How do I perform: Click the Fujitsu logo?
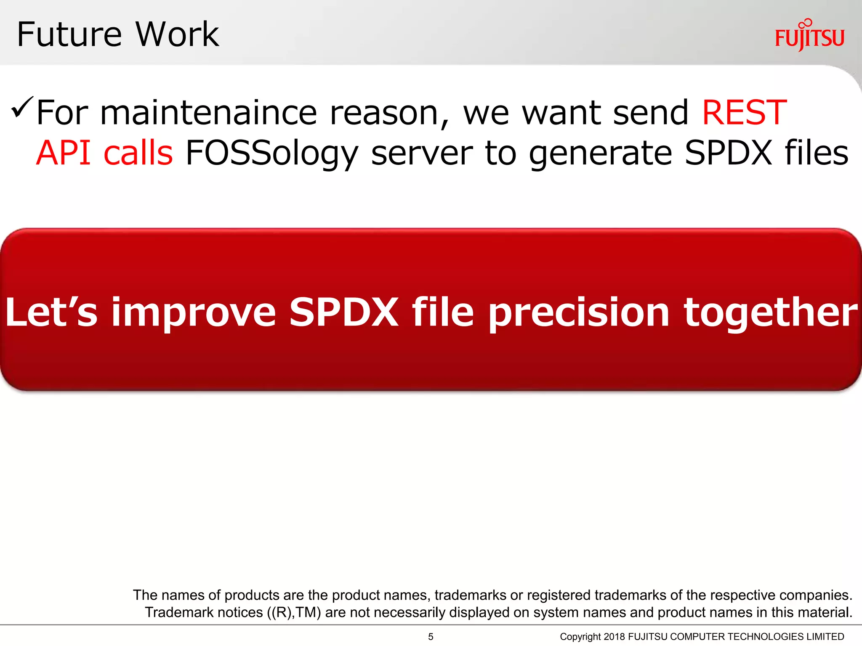pyautogui.click(x=809, y=36)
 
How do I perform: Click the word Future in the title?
pyautogui.click(x=69, y=34)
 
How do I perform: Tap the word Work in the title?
pyautogui.click(x=177, y=34)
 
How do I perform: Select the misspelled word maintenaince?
pyautogui.click(x=209, y=113)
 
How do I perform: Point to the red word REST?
pyautogui.click(x=744, y=113)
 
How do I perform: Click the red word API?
pyautogui.click(x=64, y=153)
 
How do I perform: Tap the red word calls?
pyautogui.click(x=138, y=153)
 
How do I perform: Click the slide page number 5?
pyautogui.click(x=431, y=637)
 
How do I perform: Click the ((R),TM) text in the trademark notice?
pyautogui.click(x=294, y=612)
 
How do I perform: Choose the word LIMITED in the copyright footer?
pyautogui.click(x=825, y=637)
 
